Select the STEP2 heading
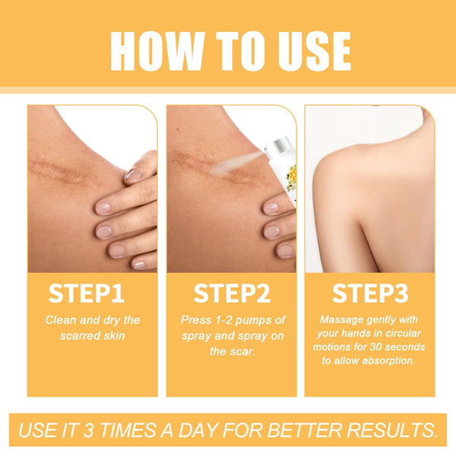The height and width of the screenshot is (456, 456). click(x=231, y=293)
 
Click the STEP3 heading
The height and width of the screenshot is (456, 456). click(x=369, y=293)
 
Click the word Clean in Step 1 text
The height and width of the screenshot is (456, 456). click(x=61, y=320)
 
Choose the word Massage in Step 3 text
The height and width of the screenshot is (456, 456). click(x=341, y=320)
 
